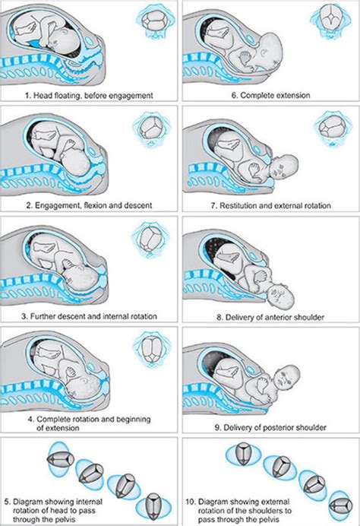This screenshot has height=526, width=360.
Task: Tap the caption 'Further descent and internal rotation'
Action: click(x=90, y=312)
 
